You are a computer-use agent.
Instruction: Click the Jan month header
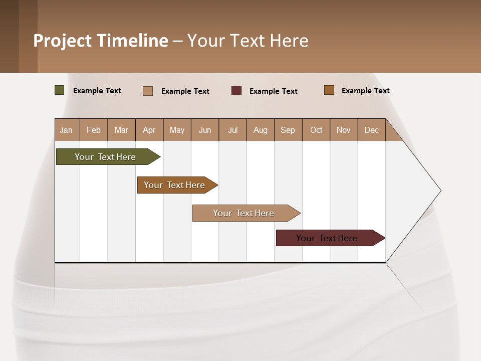click(66, 130)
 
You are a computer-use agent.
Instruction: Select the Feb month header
click(94, 130)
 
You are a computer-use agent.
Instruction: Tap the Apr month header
click(149, 130)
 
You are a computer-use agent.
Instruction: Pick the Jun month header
click(205, 130)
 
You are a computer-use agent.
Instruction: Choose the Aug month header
click(260, 130)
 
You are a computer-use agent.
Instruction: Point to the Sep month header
click(288, 130)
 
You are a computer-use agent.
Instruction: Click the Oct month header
click(316, 130)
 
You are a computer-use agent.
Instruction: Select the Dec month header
click(371, 130)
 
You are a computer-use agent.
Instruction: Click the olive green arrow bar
click(105, 157)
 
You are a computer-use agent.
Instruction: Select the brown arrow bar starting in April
click(174, 185)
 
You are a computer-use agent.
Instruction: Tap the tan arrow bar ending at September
click(244, 213)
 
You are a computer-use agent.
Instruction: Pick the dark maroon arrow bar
click(327, 238)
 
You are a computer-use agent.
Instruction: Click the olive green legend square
click(60, 90)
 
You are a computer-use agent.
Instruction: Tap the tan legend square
click(148, 91)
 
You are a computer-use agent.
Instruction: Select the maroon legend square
click(236, 91)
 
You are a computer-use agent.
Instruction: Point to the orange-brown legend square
click(329, 90)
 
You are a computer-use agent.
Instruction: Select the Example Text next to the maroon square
click(273, 91)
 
